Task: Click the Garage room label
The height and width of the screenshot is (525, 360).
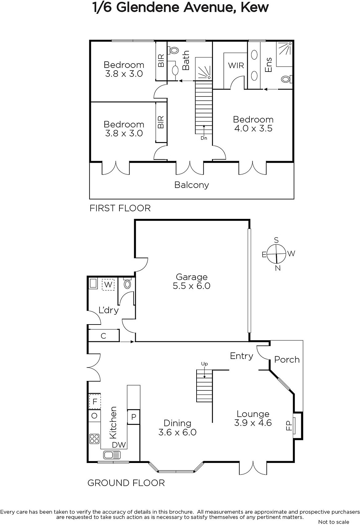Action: click(x=191, y=277)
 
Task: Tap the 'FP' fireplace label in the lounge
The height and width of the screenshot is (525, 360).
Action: click(x=289, y=426)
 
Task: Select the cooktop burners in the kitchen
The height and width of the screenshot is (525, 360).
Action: click(x=94, y=439)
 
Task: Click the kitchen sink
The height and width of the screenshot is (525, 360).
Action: click(x=112, y=455)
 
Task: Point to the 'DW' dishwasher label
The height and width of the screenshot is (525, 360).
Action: click(x=119, y=445)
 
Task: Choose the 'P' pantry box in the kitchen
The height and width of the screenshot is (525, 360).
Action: click(x=134, y=417)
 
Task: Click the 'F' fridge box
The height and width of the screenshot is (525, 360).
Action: click(x=95, y=402)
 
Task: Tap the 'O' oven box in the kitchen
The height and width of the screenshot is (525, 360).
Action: click(x=94, y=416)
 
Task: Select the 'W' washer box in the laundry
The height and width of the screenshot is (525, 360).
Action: click(x=108, y=284)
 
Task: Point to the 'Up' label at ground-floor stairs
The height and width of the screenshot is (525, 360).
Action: click(x=204, y=364)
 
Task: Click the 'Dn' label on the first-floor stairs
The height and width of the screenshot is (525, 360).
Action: click(x=204, y=138)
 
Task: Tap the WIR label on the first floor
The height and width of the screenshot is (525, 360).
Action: click(x=236, y=65)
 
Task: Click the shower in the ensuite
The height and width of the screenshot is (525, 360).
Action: click(x=284, y=54)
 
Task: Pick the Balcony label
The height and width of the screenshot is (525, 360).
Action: click(x=191, y=185)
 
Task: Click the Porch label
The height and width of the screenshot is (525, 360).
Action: click(x=287, y=360)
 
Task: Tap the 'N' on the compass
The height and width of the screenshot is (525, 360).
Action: click(x=278, y=268)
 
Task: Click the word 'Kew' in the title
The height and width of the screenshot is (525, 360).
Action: click(x=255, y=8)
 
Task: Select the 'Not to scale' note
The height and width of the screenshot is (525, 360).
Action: click(x=333, y=522)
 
